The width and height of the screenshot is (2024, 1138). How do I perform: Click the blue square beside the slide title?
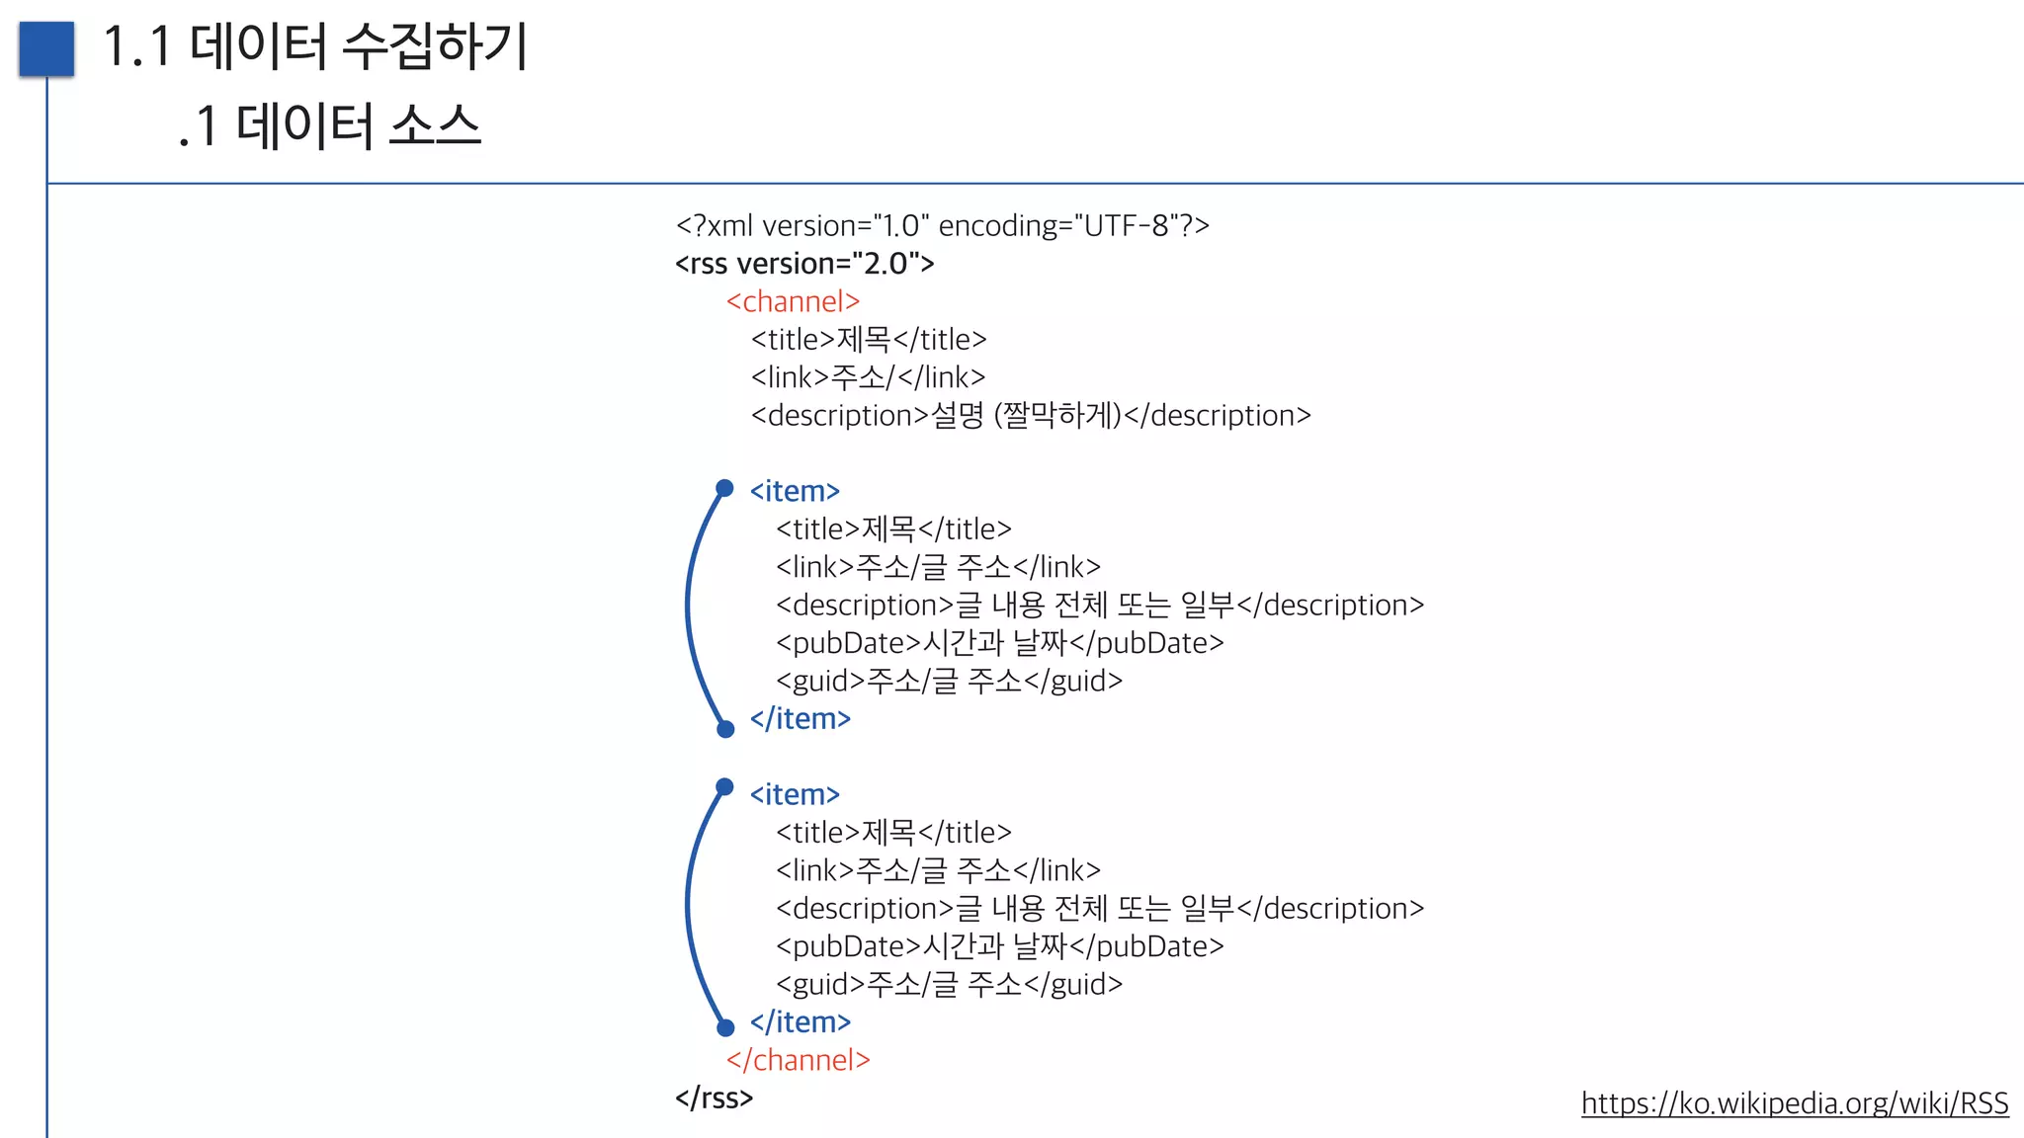coord(46,48)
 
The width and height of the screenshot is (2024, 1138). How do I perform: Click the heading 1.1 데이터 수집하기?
coord(315,46)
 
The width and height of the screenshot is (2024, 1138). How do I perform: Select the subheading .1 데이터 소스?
coord(329,126)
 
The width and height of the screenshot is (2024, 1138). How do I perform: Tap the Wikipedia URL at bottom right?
coord(1794,1102)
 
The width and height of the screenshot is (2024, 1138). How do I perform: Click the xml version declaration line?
coord(942,226)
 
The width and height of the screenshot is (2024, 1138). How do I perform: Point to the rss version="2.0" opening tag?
coord(804,264)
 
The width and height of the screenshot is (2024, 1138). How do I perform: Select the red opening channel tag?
coord(793,301)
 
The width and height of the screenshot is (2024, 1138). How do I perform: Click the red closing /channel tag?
coord(798,1060)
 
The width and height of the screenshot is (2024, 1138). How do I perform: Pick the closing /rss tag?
coord(714,1097)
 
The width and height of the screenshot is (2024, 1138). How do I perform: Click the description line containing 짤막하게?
coord(1030,416)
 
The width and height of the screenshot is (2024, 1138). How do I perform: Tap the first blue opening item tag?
coord(795,491)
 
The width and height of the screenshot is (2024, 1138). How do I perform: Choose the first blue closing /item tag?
coord(800,719)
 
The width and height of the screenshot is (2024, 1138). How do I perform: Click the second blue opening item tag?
coord(795,794)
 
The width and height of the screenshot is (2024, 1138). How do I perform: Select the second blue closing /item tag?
coord(800,1022)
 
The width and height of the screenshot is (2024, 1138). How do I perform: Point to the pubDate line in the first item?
coord(999,643)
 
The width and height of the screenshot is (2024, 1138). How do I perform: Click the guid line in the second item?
coord(949,984)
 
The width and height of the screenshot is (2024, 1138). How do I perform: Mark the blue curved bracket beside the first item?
coord(689,608)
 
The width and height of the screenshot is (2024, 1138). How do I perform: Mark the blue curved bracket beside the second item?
coord(689,909)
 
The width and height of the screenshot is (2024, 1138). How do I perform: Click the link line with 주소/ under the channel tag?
coord(868,377)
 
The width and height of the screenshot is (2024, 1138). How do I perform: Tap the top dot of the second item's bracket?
coord(724,787)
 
